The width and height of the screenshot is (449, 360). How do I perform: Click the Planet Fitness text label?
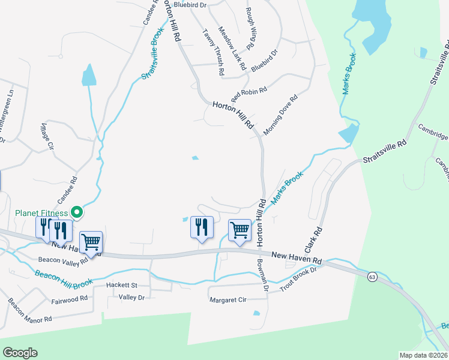click(x=40, y=212)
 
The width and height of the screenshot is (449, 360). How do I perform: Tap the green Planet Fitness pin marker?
click(x=76, y=212)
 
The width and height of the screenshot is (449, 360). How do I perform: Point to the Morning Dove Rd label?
click(x=280, y=115)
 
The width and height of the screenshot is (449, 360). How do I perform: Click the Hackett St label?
click(x=122, y=285)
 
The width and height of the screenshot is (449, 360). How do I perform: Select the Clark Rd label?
click(x=313, y=239)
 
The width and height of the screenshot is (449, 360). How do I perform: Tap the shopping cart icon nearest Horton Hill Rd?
click(x=240, y=230)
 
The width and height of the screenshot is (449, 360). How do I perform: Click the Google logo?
click(x=20, y=353)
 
